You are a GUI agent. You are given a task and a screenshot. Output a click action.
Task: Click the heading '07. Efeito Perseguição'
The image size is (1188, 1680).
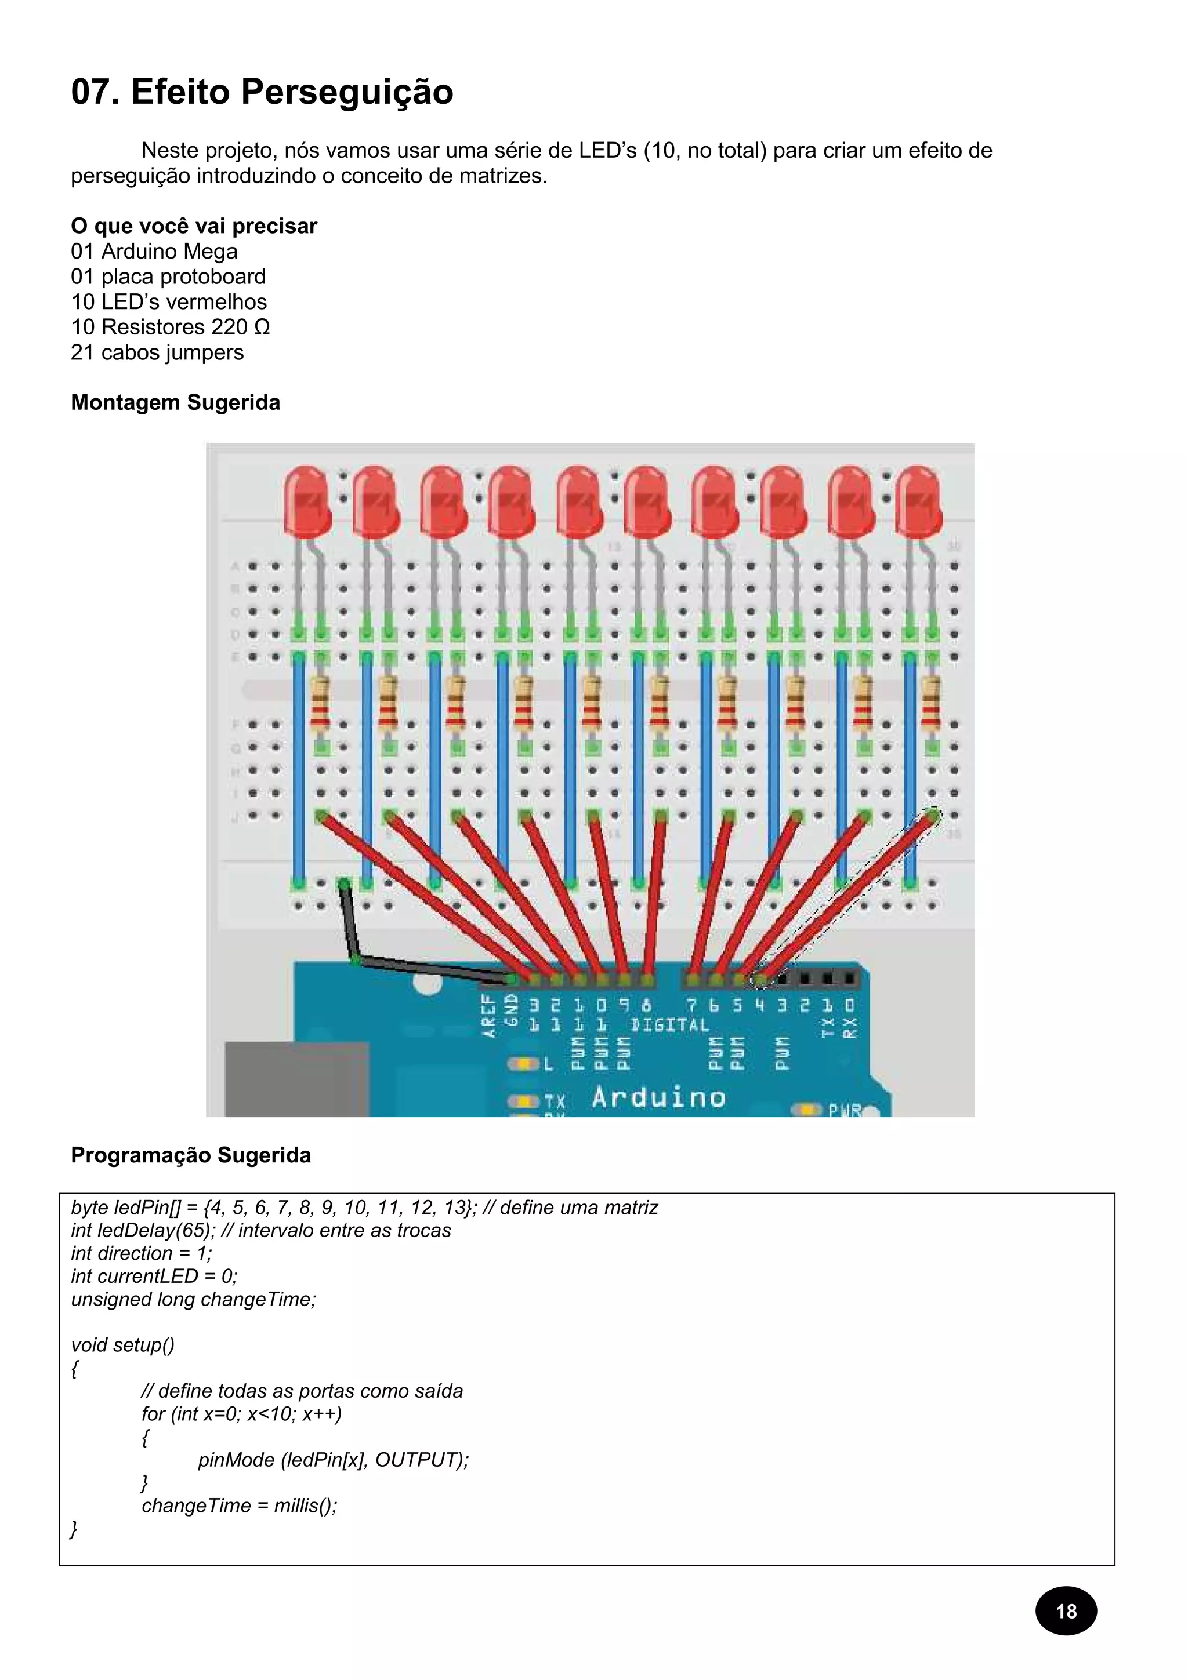[262, 92]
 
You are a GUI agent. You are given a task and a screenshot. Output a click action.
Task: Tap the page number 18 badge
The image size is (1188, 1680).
[1066, 1610]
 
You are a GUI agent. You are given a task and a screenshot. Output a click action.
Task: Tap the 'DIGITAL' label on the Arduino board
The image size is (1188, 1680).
[670, 1025]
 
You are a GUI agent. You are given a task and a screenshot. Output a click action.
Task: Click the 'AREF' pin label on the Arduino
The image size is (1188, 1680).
[489, 1016]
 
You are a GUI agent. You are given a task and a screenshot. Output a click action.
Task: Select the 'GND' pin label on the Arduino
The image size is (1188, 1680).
[512, 1010]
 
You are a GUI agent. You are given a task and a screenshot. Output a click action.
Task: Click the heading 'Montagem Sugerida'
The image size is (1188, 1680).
[175, 402]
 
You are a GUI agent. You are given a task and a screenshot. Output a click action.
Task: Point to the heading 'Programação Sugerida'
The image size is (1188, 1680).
[190, 1155]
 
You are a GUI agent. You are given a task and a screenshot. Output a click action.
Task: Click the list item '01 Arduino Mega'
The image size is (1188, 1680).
[154, 251]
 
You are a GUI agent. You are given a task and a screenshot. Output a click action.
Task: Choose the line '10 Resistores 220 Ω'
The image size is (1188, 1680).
[170, 326]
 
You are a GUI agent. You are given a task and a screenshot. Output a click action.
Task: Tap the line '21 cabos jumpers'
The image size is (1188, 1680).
[157, 352]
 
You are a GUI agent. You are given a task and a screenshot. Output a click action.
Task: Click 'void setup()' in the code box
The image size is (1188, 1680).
[122, 1345]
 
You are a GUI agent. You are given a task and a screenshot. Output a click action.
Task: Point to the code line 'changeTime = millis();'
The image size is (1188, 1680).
[240, 1505]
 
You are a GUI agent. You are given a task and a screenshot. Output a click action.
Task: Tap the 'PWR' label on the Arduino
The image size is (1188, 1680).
[843, 1111]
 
